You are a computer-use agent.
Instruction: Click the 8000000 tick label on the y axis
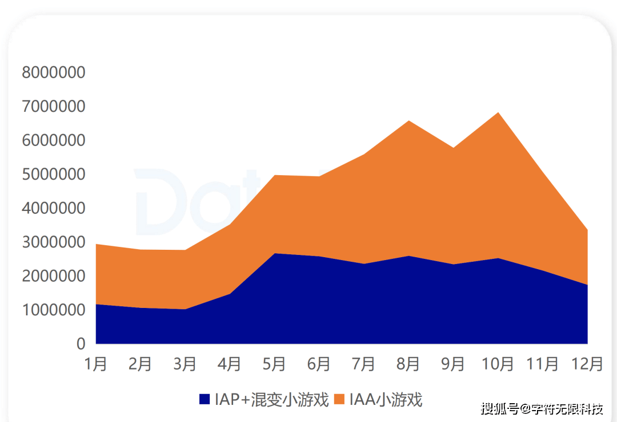pos(53,72)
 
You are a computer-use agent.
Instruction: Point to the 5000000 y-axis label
pos(53,174)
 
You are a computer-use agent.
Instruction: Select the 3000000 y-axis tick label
pos(53,242)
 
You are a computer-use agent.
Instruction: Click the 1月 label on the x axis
pos(96,364)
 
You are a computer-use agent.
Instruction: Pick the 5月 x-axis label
pos(275,364)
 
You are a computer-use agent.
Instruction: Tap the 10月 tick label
pos(498,364)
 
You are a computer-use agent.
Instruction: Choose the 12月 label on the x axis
pos(587,364)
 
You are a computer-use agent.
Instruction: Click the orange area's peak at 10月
pos(498,113)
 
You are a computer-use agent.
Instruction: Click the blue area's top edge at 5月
pos(275,253)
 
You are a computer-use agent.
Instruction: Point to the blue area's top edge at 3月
pos(185,309)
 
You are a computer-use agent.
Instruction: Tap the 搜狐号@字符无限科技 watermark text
pos(542,409)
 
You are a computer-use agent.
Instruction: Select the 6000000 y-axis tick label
pos(53,140)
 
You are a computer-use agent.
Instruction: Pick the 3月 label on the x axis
pos(185,364)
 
